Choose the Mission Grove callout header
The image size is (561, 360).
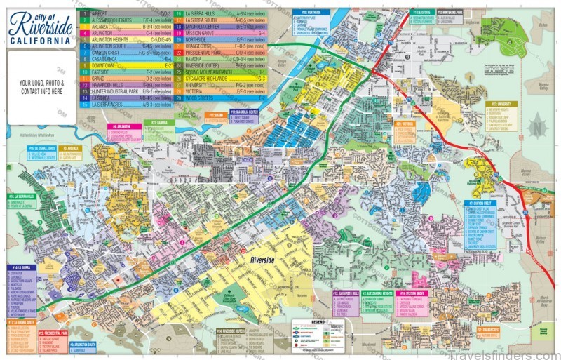(x=414, y=292)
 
